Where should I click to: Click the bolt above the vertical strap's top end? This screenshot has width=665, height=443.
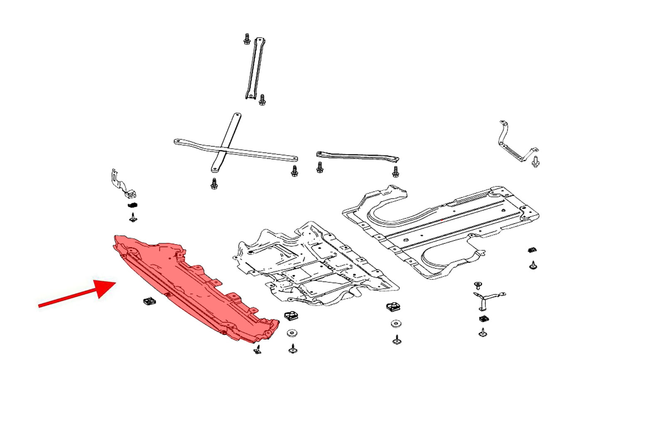pos(246,39)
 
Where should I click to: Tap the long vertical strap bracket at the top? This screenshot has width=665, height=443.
pos(255,69)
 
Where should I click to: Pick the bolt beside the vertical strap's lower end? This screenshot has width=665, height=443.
pos(262,100)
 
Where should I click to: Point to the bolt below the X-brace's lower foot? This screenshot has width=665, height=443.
pos(214,184)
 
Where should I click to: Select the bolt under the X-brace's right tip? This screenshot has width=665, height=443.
pos(294,171)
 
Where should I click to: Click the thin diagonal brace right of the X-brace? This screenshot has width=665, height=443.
pos(357,157)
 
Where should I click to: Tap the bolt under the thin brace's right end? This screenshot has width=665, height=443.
pos(395,171)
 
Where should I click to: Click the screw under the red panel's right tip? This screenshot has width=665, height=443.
pos(258,350)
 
